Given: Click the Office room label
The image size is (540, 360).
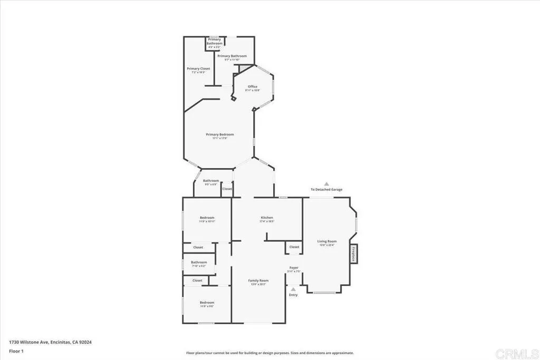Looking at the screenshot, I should (x=253, y=86).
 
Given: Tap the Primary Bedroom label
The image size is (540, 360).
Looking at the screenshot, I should (x=219, y=134).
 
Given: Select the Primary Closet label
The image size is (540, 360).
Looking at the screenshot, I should (x=198, y=69).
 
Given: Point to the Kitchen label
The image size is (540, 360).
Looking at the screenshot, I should (x=266, y=218).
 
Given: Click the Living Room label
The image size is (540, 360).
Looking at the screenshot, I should (x=326, y=241).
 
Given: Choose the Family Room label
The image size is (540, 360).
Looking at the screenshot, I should (x=258, y=280).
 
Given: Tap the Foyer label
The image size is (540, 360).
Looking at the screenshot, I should (x=294, y=268).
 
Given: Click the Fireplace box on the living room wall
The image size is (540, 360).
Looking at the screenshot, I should (x=353, y=252).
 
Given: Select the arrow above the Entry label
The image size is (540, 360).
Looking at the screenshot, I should (x=293, y=289).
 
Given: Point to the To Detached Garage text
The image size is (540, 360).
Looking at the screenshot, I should (x=326, y=189).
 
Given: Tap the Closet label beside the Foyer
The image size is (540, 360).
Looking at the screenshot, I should (x=294, y=247).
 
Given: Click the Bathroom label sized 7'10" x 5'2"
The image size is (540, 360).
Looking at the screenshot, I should (x=199, y=262).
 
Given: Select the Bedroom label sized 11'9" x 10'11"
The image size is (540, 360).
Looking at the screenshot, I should (x=207, y=218).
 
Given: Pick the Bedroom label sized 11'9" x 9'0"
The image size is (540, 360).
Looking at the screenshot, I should (x=207, y=303).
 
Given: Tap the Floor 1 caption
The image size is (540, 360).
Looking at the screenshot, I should (x=16, y=351).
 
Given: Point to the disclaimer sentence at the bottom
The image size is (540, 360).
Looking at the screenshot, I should (x=269, y=353).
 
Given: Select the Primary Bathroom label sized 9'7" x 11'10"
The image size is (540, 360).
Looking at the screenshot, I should (x=232, y=56).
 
